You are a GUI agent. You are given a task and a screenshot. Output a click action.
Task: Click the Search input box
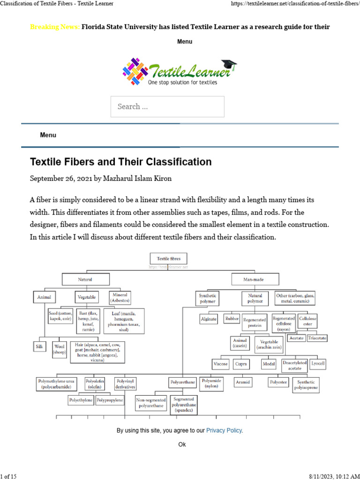(167, 106)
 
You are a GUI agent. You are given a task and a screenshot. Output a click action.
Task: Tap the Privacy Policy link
(224, 430)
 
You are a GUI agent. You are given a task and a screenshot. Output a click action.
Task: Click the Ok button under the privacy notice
(182, 444)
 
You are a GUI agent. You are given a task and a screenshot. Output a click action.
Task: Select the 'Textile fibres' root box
(168, 258)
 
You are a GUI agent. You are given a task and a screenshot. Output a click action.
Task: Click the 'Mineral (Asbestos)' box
(120, 297)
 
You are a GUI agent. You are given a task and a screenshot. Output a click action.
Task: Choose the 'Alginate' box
(209, 319)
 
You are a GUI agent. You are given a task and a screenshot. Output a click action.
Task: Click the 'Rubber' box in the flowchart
(232, 319)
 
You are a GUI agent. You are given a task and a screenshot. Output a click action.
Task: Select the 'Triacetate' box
(317, 338)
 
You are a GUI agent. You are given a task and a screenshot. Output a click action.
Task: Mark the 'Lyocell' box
(318, 364)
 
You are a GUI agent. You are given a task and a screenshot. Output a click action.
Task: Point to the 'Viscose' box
(221, 364)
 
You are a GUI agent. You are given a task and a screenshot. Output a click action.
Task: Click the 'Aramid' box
(243, 382)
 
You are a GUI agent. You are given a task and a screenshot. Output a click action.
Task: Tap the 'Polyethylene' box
(81, 400)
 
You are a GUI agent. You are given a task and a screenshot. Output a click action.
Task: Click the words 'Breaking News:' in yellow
(54, 27)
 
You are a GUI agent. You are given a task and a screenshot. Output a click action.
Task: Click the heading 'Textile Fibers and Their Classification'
(121, 162)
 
